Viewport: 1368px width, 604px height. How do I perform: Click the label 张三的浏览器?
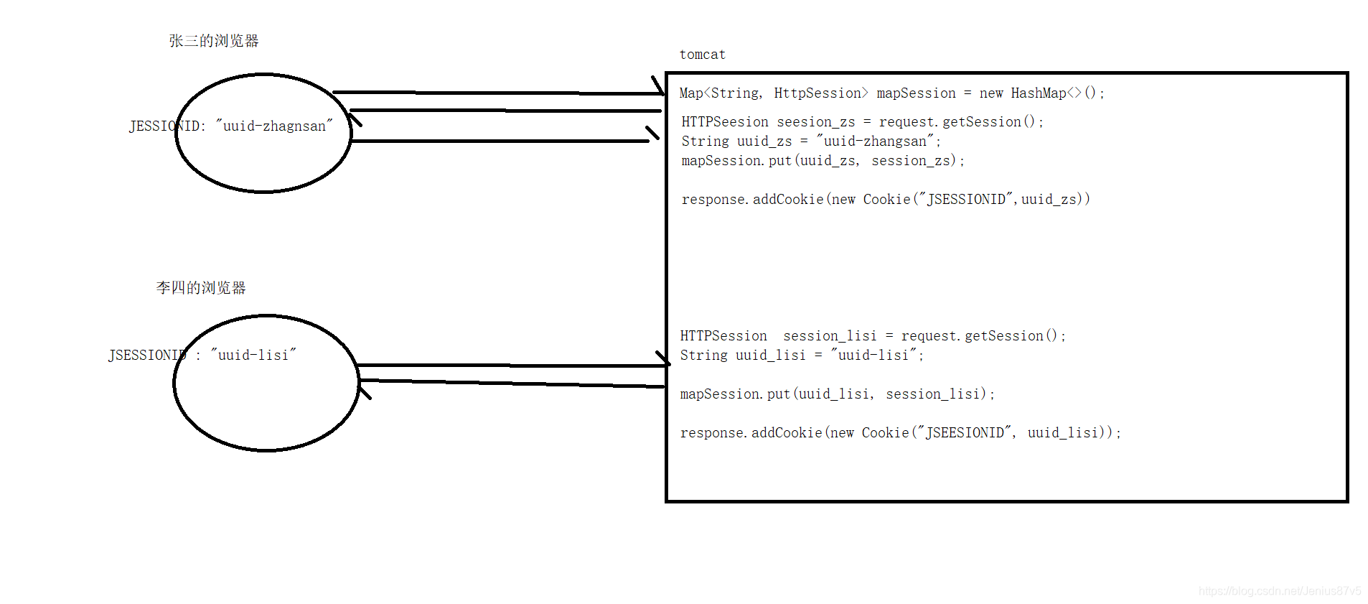pyautogui.click(x=213, y=41)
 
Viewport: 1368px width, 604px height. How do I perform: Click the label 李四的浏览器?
pyautogui.click(x=201, y=288)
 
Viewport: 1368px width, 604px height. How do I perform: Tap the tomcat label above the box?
pyautogui.click(x=702, y=55)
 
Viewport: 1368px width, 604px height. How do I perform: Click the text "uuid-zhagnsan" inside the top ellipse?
pyautogui.click(x=274, y=126)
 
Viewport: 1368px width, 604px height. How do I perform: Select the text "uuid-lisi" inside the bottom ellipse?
pyautogui.click(x=253, y=356)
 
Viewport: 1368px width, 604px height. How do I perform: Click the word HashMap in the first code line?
pyautogui.click(x=1038, y=93)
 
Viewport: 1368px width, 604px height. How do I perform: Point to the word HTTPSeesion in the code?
pyautogui.click(x=724, y=122)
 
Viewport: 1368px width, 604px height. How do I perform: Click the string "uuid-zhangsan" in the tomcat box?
pyautogui.click(x=875, y=141)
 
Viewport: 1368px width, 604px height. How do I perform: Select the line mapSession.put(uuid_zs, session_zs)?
pyautogui.click(x=823, y=161)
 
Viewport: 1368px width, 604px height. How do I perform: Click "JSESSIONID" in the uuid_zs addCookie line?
pyautogui.click(x=966, y=200)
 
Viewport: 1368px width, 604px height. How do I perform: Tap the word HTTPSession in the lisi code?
pyautogui.click(x=723, y=336)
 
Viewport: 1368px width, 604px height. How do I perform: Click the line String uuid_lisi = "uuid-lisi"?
pyautogui.click(x=801, y=356)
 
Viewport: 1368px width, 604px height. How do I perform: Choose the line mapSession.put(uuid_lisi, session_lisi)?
pyautogui.click(x=837, y=394)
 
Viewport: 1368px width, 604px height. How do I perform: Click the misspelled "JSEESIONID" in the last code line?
pyautogui.click(x=965, y=433)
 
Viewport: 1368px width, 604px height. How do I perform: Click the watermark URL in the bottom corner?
pyautogui.click(x=1279, y=591)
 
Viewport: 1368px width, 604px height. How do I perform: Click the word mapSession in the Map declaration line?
pyautogui.click(x=916, y=93)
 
